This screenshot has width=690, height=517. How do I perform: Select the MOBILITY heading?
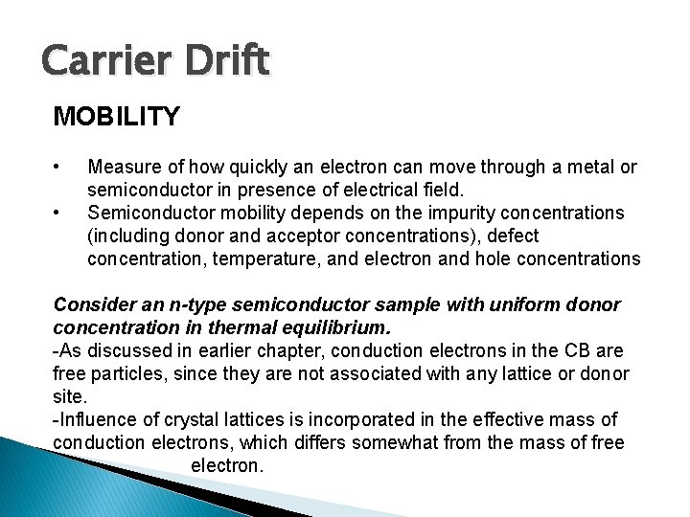tap(116, 117)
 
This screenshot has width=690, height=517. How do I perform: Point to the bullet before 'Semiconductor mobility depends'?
tap(59, 211)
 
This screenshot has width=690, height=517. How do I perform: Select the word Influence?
tap(95, 419)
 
